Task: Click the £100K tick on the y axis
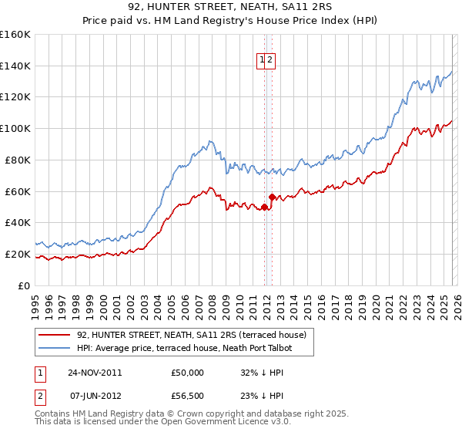[x=15, y=128]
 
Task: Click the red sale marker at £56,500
[x=272, y=197]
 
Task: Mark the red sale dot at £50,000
[x=264, y=207]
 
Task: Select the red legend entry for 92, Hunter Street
[x=192, y=335]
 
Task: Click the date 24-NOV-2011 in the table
[x=95, y=373]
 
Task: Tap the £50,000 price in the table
[x=188, y=373]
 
